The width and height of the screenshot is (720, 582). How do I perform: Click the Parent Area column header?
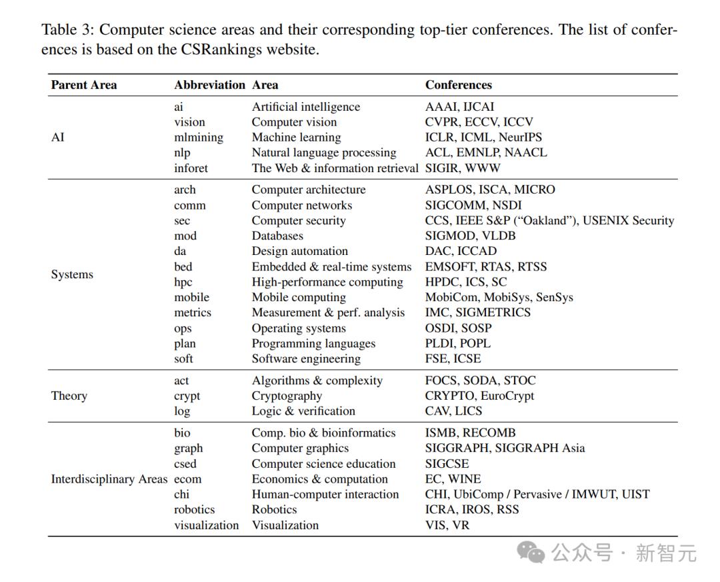(83, 85)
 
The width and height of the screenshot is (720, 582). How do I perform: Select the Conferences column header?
(458, 85)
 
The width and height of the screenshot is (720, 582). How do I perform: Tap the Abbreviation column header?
(209, 85)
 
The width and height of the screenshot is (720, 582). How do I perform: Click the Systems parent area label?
(72, 274)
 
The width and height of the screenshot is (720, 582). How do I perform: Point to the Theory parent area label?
(69, 396)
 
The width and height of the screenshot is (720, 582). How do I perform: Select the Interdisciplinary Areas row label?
(109, 479)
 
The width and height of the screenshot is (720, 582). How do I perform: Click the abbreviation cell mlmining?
(199, 137)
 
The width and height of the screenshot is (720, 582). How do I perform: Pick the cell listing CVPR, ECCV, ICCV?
(479, 122)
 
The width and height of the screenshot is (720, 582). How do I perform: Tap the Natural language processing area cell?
(324, 153)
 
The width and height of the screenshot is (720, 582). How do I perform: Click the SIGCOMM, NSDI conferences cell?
(473, 205)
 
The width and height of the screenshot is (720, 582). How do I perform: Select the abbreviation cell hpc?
(183, 282)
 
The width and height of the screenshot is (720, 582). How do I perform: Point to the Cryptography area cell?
(287, 396)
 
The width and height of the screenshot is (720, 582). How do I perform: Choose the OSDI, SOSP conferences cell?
(458, 328)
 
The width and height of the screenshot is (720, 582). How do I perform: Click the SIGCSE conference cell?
(447, 464)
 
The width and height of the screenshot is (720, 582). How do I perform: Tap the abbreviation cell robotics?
(194, 510)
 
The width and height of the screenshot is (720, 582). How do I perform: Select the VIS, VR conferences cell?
(447, 525)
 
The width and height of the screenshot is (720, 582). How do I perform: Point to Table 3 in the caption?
(67, 30)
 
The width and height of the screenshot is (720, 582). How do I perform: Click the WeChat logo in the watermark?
(532, 551)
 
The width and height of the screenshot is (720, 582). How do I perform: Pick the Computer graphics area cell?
(300, 449)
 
